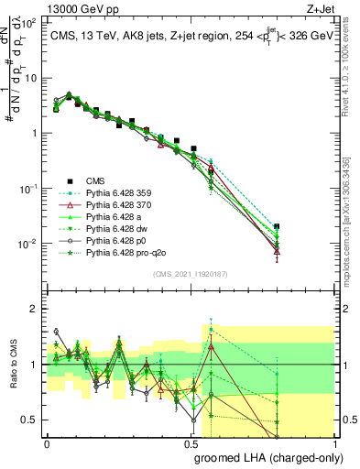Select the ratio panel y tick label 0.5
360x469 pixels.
pos(29,420)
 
